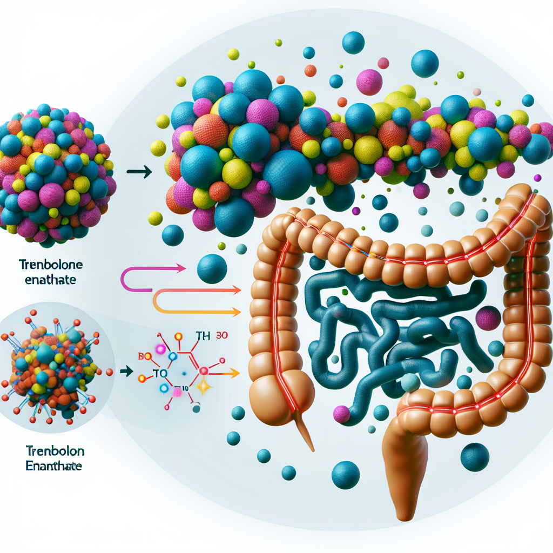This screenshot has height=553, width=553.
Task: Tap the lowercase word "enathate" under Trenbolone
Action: [x=47, y=280]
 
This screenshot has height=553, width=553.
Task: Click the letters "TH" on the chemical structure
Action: [x=203, y=336]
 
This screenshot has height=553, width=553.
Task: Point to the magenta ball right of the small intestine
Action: [x=488, y=318]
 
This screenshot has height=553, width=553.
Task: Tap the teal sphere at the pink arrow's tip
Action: [x=211, y=269]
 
